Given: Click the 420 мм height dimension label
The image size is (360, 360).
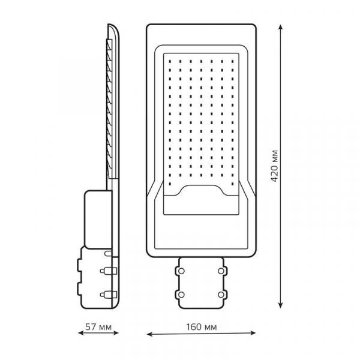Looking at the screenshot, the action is coord(275,166).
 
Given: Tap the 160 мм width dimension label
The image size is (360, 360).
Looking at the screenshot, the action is coord(201,327).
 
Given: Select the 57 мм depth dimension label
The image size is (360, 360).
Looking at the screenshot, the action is coord(98,327).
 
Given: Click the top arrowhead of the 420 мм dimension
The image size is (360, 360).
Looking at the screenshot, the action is coord(280,28).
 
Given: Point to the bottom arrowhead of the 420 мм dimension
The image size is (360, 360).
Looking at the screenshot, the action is coord(280,305).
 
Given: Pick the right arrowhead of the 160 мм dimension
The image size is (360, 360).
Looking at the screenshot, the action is coord(253,332).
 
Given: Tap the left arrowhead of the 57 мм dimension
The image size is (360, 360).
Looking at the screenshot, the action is coord(81,332).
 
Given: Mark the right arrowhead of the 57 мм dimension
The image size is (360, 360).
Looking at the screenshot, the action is coord(115,332).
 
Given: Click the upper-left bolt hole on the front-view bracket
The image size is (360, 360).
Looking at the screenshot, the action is coord(181,271).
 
